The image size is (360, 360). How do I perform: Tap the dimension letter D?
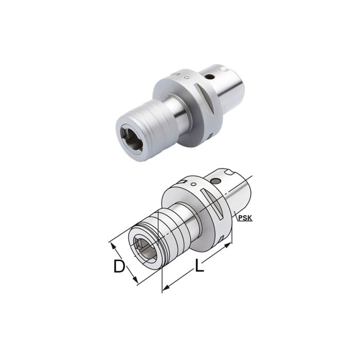tap(119, 267)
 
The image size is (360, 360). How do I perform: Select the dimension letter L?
tap(199, 266)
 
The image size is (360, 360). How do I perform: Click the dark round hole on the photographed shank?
tap(210, 77)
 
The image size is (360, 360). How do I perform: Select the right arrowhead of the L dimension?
tap(229, 246)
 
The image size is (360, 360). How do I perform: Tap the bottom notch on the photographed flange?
tap(211, 137)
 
